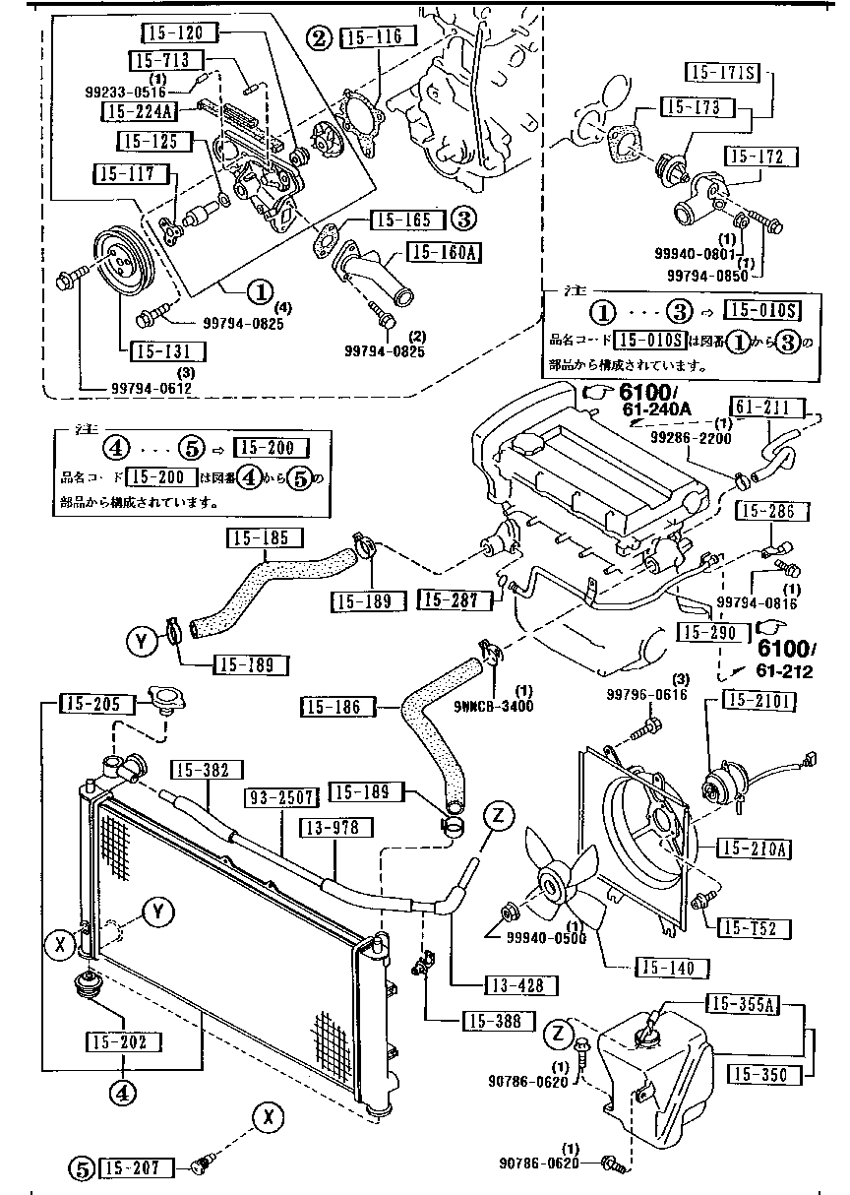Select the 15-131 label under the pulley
coord(157,351)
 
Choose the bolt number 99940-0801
coord(693,252)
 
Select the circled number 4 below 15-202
coord(121,1091)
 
